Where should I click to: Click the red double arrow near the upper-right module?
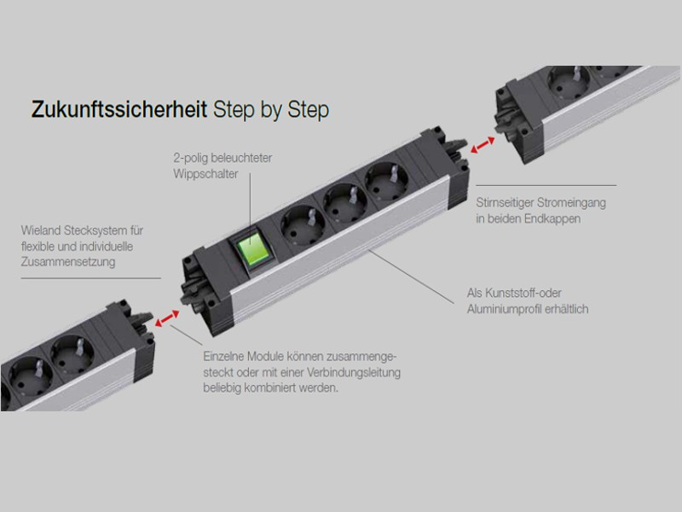486,147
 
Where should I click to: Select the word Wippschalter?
193,174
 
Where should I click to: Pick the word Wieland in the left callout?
40,231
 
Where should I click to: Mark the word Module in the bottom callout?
270,357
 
